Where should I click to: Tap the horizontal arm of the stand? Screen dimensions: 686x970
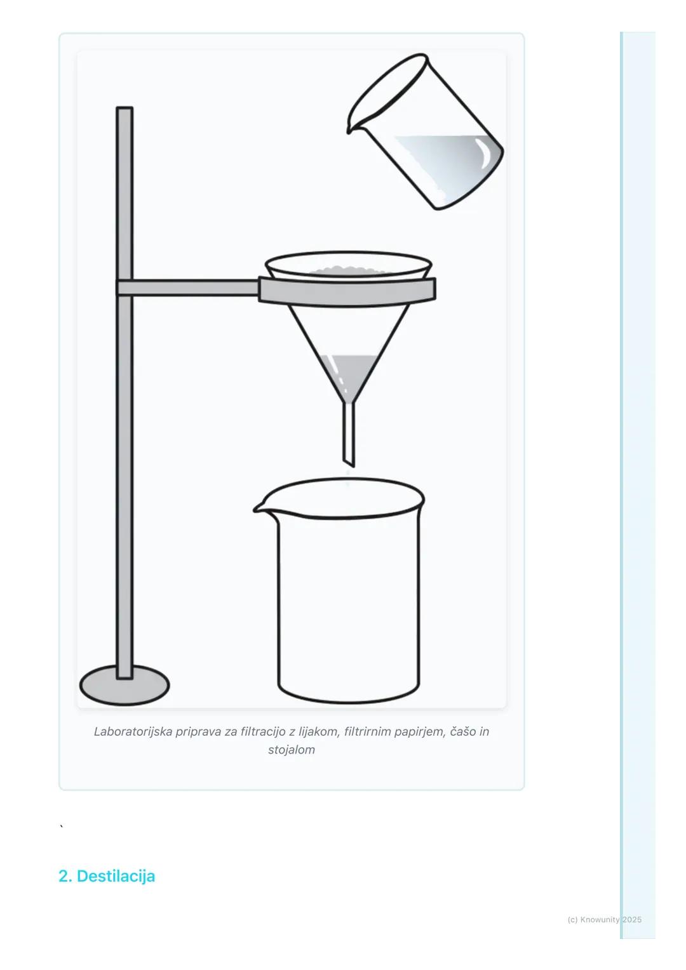[x=188, y=288]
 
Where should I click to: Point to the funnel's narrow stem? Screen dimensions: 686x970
[x=349, y=435]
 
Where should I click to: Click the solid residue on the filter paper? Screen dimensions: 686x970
[x=347, y=271]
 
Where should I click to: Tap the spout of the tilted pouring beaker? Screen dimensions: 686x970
[x=350, y=126]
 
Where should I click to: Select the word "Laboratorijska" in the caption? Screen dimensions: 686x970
[x=133, y=731]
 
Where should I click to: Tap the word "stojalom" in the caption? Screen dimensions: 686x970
[x=291, y=750]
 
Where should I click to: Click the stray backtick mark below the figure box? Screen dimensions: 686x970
[x=62, y=827]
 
